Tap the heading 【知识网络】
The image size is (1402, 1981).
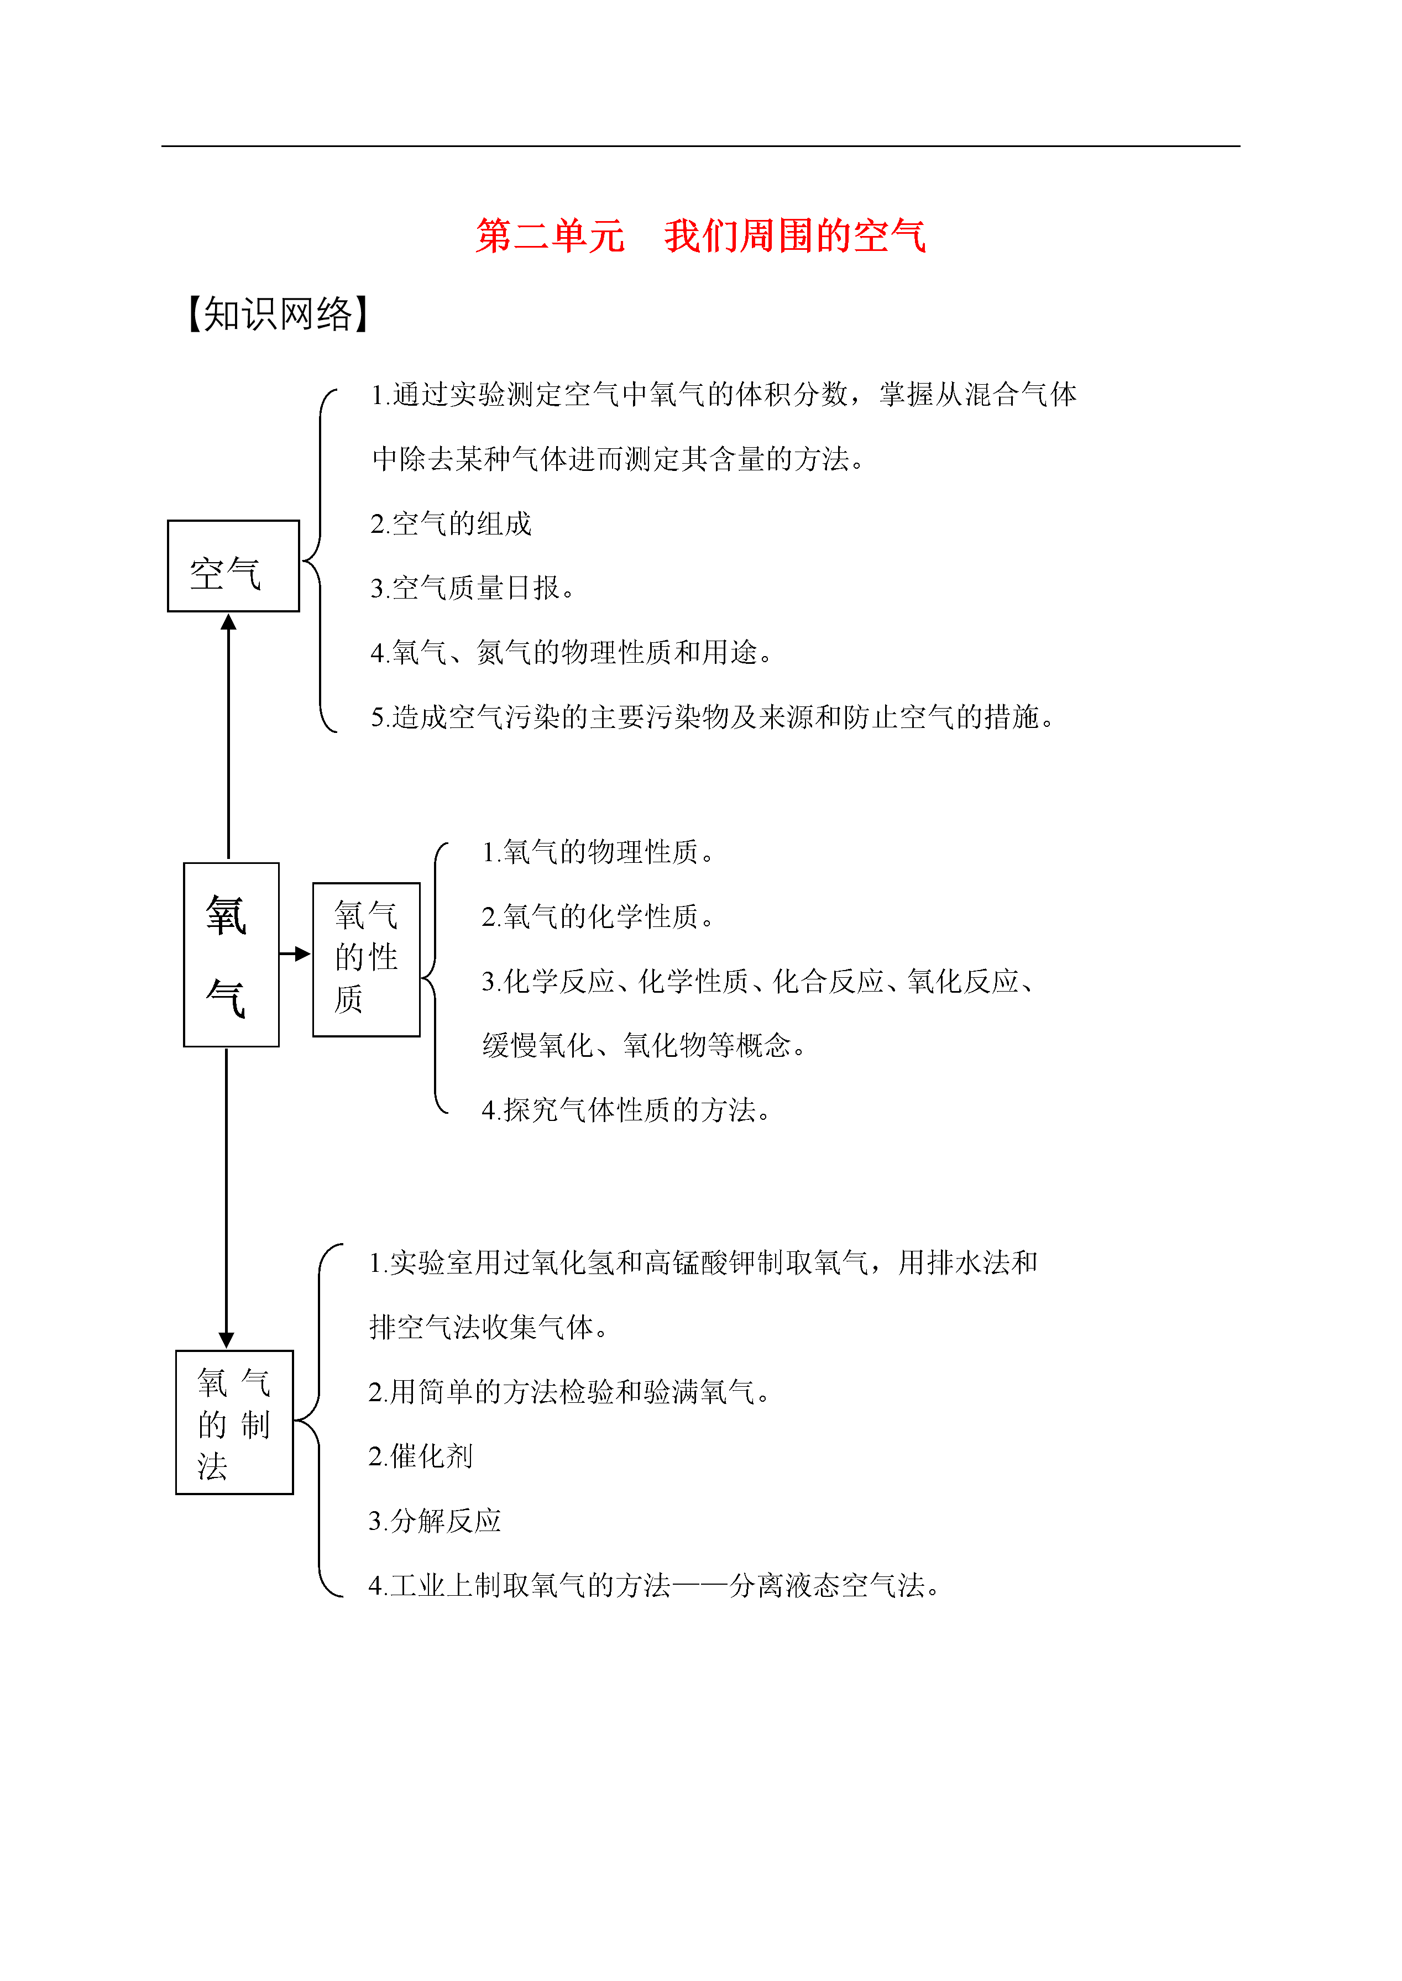pos(279,313)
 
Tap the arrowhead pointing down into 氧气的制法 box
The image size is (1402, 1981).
pos(226,1340)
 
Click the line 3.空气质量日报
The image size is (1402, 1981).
pos(472,588)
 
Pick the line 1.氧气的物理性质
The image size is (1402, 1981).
pos(598,852)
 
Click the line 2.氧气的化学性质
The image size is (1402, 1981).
pos(598,916)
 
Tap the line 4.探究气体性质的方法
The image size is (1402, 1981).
pos(626,1110)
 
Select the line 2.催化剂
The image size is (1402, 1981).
pos(420,1456)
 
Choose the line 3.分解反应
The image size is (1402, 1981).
pos(434,1521)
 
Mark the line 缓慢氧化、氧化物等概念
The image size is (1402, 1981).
pos(644,1045)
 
